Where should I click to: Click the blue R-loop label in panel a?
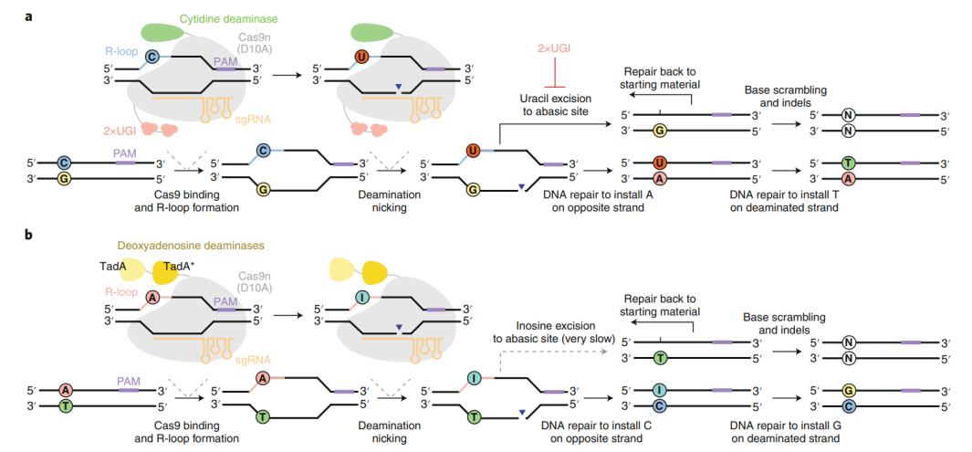pyautogui.click(x=119, y=52)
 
